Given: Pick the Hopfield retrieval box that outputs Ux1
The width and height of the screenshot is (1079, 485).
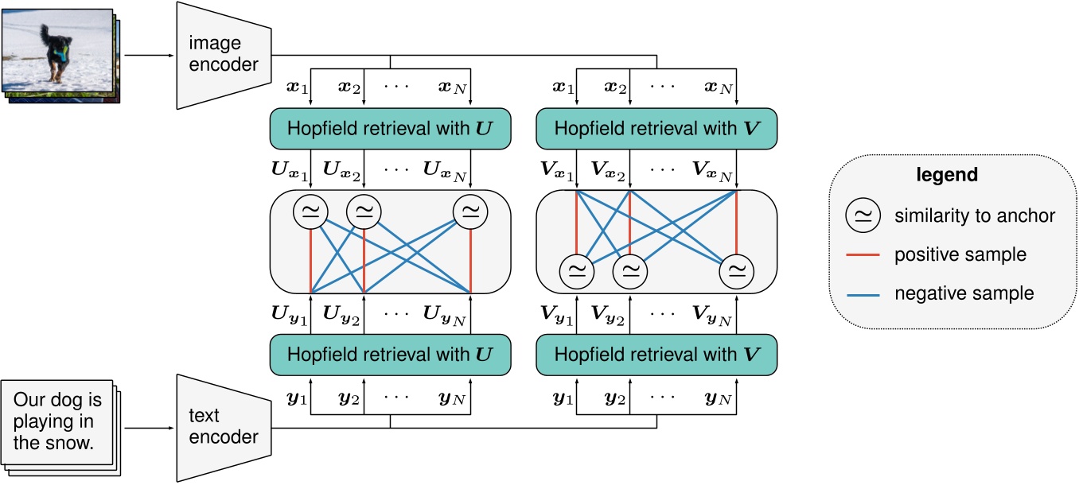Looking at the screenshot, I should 390,129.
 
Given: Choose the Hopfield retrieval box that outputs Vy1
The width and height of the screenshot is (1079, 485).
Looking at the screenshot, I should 656,354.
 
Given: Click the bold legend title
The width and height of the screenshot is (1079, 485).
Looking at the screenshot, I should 952,173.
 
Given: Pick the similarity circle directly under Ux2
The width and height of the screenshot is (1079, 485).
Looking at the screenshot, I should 364,211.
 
